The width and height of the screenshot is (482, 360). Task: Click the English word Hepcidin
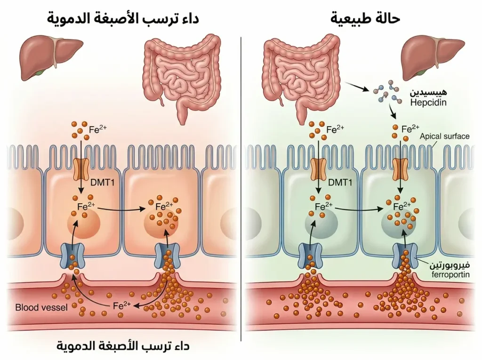point(428,103)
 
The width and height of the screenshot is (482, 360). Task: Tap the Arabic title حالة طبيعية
point(365,18)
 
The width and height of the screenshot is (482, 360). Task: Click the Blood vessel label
point(41,307)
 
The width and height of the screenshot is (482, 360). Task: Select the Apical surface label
point(444,136)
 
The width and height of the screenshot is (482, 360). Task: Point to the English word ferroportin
point(450,274)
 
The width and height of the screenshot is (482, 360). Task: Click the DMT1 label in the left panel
point(102,183)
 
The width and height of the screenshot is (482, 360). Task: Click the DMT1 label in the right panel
point(340,183)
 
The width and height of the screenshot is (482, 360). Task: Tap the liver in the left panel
point(51,57)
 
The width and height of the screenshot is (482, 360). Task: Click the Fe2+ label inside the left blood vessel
point(122,305)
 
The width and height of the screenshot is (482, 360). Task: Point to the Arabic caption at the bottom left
point(123,345)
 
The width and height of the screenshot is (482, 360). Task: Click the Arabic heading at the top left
point(123,18)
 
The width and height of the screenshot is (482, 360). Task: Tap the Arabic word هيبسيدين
point(428,92)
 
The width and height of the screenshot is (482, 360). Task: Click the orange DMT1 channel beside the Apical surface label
point(400,169)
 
